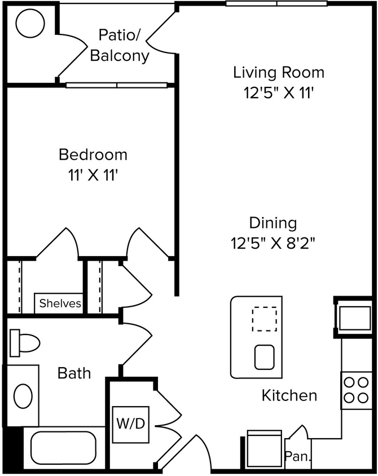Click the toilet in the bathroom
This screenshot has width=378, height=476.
coord(26,342)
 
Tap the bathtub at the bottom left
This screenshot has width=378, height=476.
coord(63,447)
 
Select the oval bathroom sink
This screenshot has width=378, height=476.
coord(23,396)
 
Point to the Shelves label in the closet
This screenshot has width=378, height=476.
coord(60,303)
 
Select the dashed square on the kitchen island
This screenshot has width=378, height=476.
coord(264,319)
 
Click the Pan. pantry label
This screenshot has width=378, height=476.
coord(297,456)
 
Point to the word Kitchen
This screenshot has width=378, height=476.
coord(289,395)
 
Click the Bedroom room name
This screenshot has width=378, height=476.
coord(93,154)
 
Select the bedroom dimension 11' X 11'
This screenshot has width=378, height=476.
coord(93,175)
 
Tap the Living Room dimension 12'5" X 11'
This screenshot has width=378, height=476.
coord(279,93)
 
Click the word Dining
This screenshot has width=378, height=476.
coord(273,223)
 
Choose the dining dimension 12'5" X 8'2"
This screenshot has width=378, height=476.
coord(273,244)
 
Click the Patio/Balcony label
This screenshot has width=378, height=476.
coord(120,45)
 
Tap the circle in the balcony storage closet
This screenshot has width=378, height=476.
coord(30,24)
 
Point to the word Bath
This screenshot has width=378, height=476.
coord(74,373)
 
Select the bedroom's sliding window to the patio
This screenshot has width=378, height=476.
coord(117,85)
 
